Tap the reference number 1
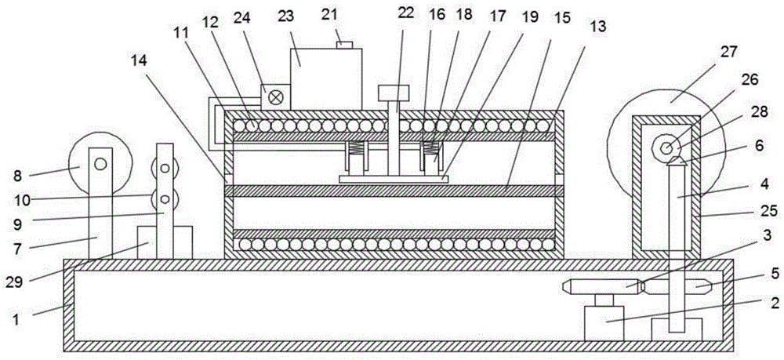tap(17, 319)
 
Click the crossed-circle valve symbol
tap(275, 97)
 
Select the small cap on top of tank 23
tap(344, 45)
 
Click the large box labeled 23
tap(326, 78)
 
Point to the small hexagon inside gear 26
tap(666, 147)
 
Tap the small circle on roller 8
tap(101, 163)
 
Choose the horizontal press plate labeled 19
tap(394, 179)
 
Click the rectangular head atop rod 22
tap(394, 93)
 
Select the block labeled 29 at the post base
tap(165, 242)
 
